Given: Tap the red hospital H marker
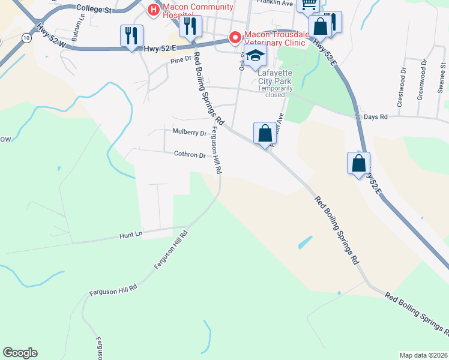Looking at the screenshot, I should [x=153, y=10].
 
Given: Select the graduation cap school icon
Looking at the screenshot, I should [x=255, y=56].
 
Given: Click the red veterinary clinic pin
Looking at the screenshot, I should [x=235, y=37].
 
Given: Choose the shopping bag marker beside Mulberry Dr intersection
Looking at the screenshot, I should [x=265, y=133].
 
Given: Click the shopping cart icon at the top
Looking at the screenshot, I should [x=309, y=4].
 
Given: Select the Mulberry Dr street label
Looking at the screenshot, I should [x=189, y=132].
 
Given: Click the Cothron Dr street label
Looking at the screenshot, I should [x=190, y=154].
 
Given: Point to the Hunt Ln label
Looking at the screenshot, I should [x=131, y=234].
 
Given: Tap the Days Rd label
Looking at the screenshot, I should [x=376, y=116].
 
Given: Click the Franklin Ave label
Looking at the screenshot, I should [x=274, y=3].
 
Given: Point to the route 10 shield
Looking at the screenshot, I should [x=26, y=38].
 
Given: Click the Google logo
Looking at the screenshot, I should [x=20, y=353].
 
